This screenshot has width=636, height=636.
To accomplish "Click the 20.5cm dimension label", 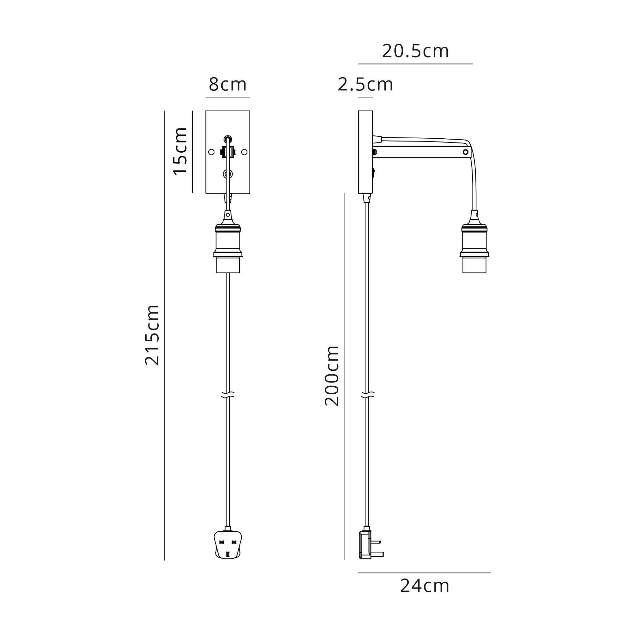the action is [415, 51].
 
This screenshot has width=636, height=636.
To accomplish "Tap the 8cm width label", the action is [227, 85].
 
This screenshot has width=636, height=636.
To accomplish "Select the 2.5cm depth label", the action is [365, 85].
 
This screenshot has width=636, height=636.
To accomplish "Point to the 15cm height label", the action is [180, 151].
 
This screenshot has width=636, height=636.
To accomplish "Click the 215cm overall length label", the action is [152, 335].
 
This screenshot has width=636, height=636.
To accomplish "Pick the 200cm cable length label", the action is [332, 376].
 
